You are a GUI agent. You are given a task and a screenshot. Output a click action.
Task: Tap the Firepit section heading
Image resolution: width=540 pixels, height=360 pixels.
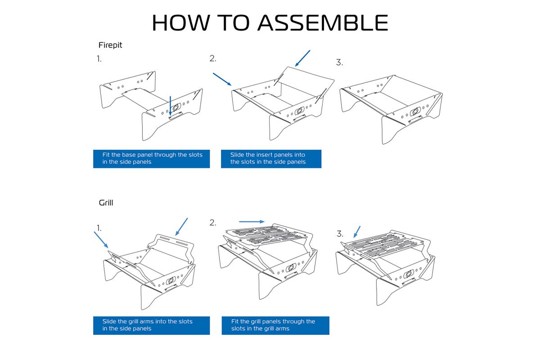point(110,45)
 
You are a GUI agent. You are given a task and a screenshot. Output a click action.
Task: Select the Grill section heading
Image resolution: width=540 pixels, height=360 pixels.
point(106,203)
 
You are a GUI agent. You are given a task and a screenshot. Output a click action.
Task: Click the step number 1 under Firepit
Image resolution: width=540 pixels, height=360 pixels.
point(99,58)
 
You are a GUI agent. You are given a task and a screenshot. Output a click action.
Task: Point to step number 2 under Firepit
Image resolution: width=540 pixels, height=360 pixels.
point(213,58)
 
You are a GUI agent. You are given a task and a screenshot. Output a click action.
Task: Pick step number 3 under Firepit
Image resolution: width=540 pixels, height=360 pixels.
point(339,63)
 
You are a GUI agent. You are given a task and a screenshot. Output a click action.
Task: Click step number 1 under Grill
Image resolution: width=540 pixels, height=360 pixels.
point(99,228)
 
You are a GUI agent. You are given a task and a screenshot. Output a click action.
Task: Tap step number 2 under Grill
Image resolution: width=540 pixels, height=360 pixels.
point(213,223)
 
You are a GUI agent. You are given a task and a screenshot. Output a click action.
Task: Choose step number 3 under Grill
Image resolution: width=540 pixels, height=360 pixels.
point(340,234)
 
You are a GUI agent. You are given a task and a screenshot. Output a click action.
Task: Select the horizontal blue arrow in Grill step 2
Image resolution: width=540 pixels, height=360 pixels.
point(252,221)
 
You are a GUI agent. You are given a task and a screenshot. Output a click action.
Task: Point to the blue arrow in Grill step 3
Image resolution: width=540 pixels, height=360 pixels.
point(357,231)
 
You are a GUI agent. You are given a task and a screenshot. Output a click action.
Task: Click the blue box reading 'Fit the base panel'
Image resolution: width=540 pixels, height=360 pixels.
point(151,158)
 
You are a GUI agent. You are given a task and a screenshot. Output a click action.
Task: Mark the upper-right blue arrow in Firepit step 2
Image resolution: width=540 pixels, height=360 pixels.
point(302,58)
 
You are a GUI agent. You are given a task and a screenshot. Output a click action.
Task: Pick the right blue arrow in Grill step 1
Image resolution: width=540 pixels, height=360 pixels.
point(181,227)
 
